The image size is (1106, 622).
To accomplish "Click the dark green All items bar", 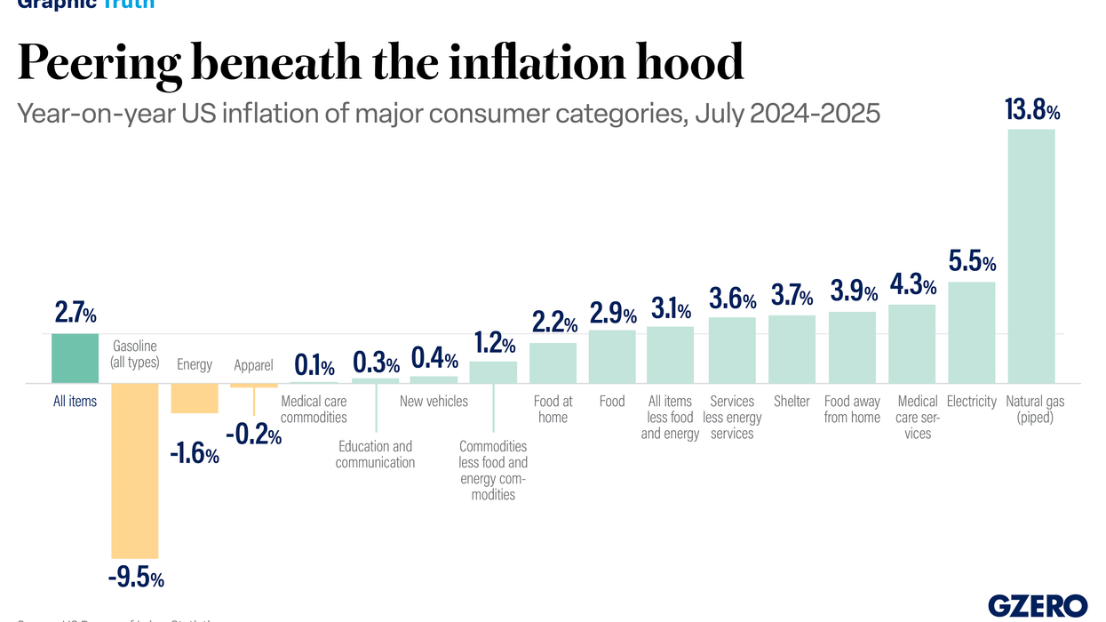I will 75,358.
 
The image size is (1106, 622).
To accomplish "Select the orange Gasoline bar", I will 134,470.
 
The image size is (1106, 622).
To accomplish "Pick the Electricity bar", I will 971,332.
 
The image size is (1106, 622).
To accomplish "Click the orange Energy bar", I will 195,398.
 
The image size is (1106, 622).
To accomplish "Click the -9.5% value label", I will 136,578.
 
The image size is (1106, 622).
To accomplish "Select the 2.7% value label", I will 76,313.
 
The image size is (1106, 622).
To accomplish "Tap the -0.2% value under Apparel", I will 253,435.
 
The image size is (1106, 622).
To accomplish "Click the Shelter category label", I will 792,402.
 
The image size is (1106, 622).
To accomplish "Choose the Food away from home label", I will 852,410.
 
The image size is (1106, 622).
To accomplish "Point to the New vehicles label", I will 434,402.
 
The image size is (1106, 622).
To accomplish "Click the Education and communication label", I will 375,454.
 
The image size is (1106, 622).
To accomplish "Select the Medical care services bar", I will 911,344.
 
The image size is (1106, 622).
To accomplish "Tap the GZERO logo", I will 1037,605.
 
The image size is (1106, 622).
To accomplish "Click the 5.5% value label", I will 972,262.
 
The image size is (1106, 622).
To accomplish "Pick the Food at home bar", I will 553,363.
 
